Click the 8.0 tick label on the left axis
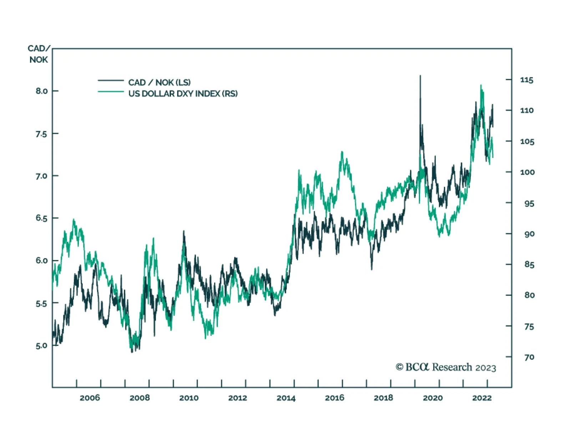click(x=41, y=91)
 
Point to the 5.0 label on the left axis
click(x=41, y=346)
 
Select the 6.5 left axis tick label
click(x=41, y=218)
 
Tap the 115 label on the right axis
click(x=527, y=80)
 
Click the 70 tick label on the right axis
click(x=529, y=357)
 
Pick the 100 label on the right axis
click(x=527, y=172)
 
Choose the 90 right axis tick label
click(x=529, y=234)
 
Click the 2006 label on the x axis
click(x=90, y=398)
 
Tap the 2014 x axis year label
click(x=286, y=398)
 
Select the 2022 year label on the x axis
click(x=482, y=398)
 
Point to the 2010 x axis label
click(x=189, y=398)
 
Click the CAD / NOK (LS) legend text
click(x=159, y=83)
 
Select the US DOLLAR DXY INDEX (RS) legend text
click(x=183, y=94)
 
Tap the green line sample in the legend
click(x=111, y=92)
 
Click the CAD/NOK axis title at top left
click(x=39, y=54)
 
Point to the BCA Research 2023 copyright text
click(x=446, y=367)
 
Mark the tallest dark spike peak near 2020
click(x=420, y=76)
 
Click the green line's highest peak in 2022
click(x=481, y=85)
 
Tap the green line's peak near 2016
click(x=342, y=152)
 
